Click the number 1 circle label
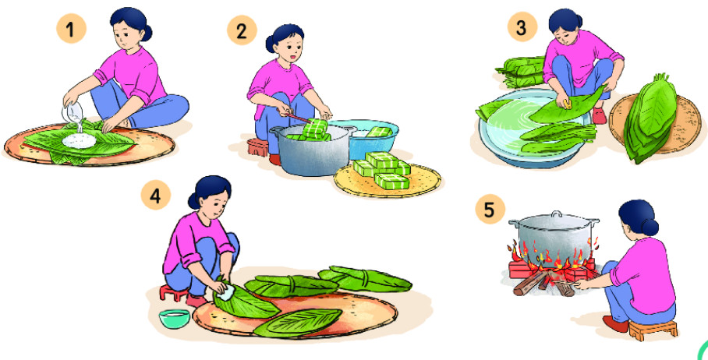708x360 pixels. (71, 28)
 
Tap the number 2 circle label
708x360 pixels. (242, 30)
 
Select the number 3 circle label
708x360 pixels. (522, 26)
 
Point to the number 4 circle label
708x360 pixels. (156, 196)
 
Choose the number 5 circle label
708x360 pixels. (490, 209)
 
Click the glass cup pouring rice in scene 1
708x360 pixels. (73, 111)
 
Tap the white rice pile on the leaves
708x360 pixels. (79, 141)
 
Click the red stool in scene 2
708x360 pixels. (258, 147)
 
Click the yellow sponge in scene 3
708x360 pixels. (566, 104)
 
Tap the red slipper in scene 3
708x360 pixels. (599, 115)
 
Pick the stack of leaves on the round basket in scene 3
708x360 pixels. (650, 118)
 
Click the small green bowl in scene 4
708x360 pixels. (175, 318)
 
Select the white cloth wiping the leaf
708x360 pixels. (226, 293)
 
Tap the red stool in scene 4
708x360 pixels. (173, 292)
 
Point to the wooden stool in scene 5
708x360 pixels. (653, 330)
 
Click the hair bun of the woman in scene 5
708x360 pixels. (650, 227)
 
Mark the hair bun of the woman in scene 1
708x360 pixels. (146, 33)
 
